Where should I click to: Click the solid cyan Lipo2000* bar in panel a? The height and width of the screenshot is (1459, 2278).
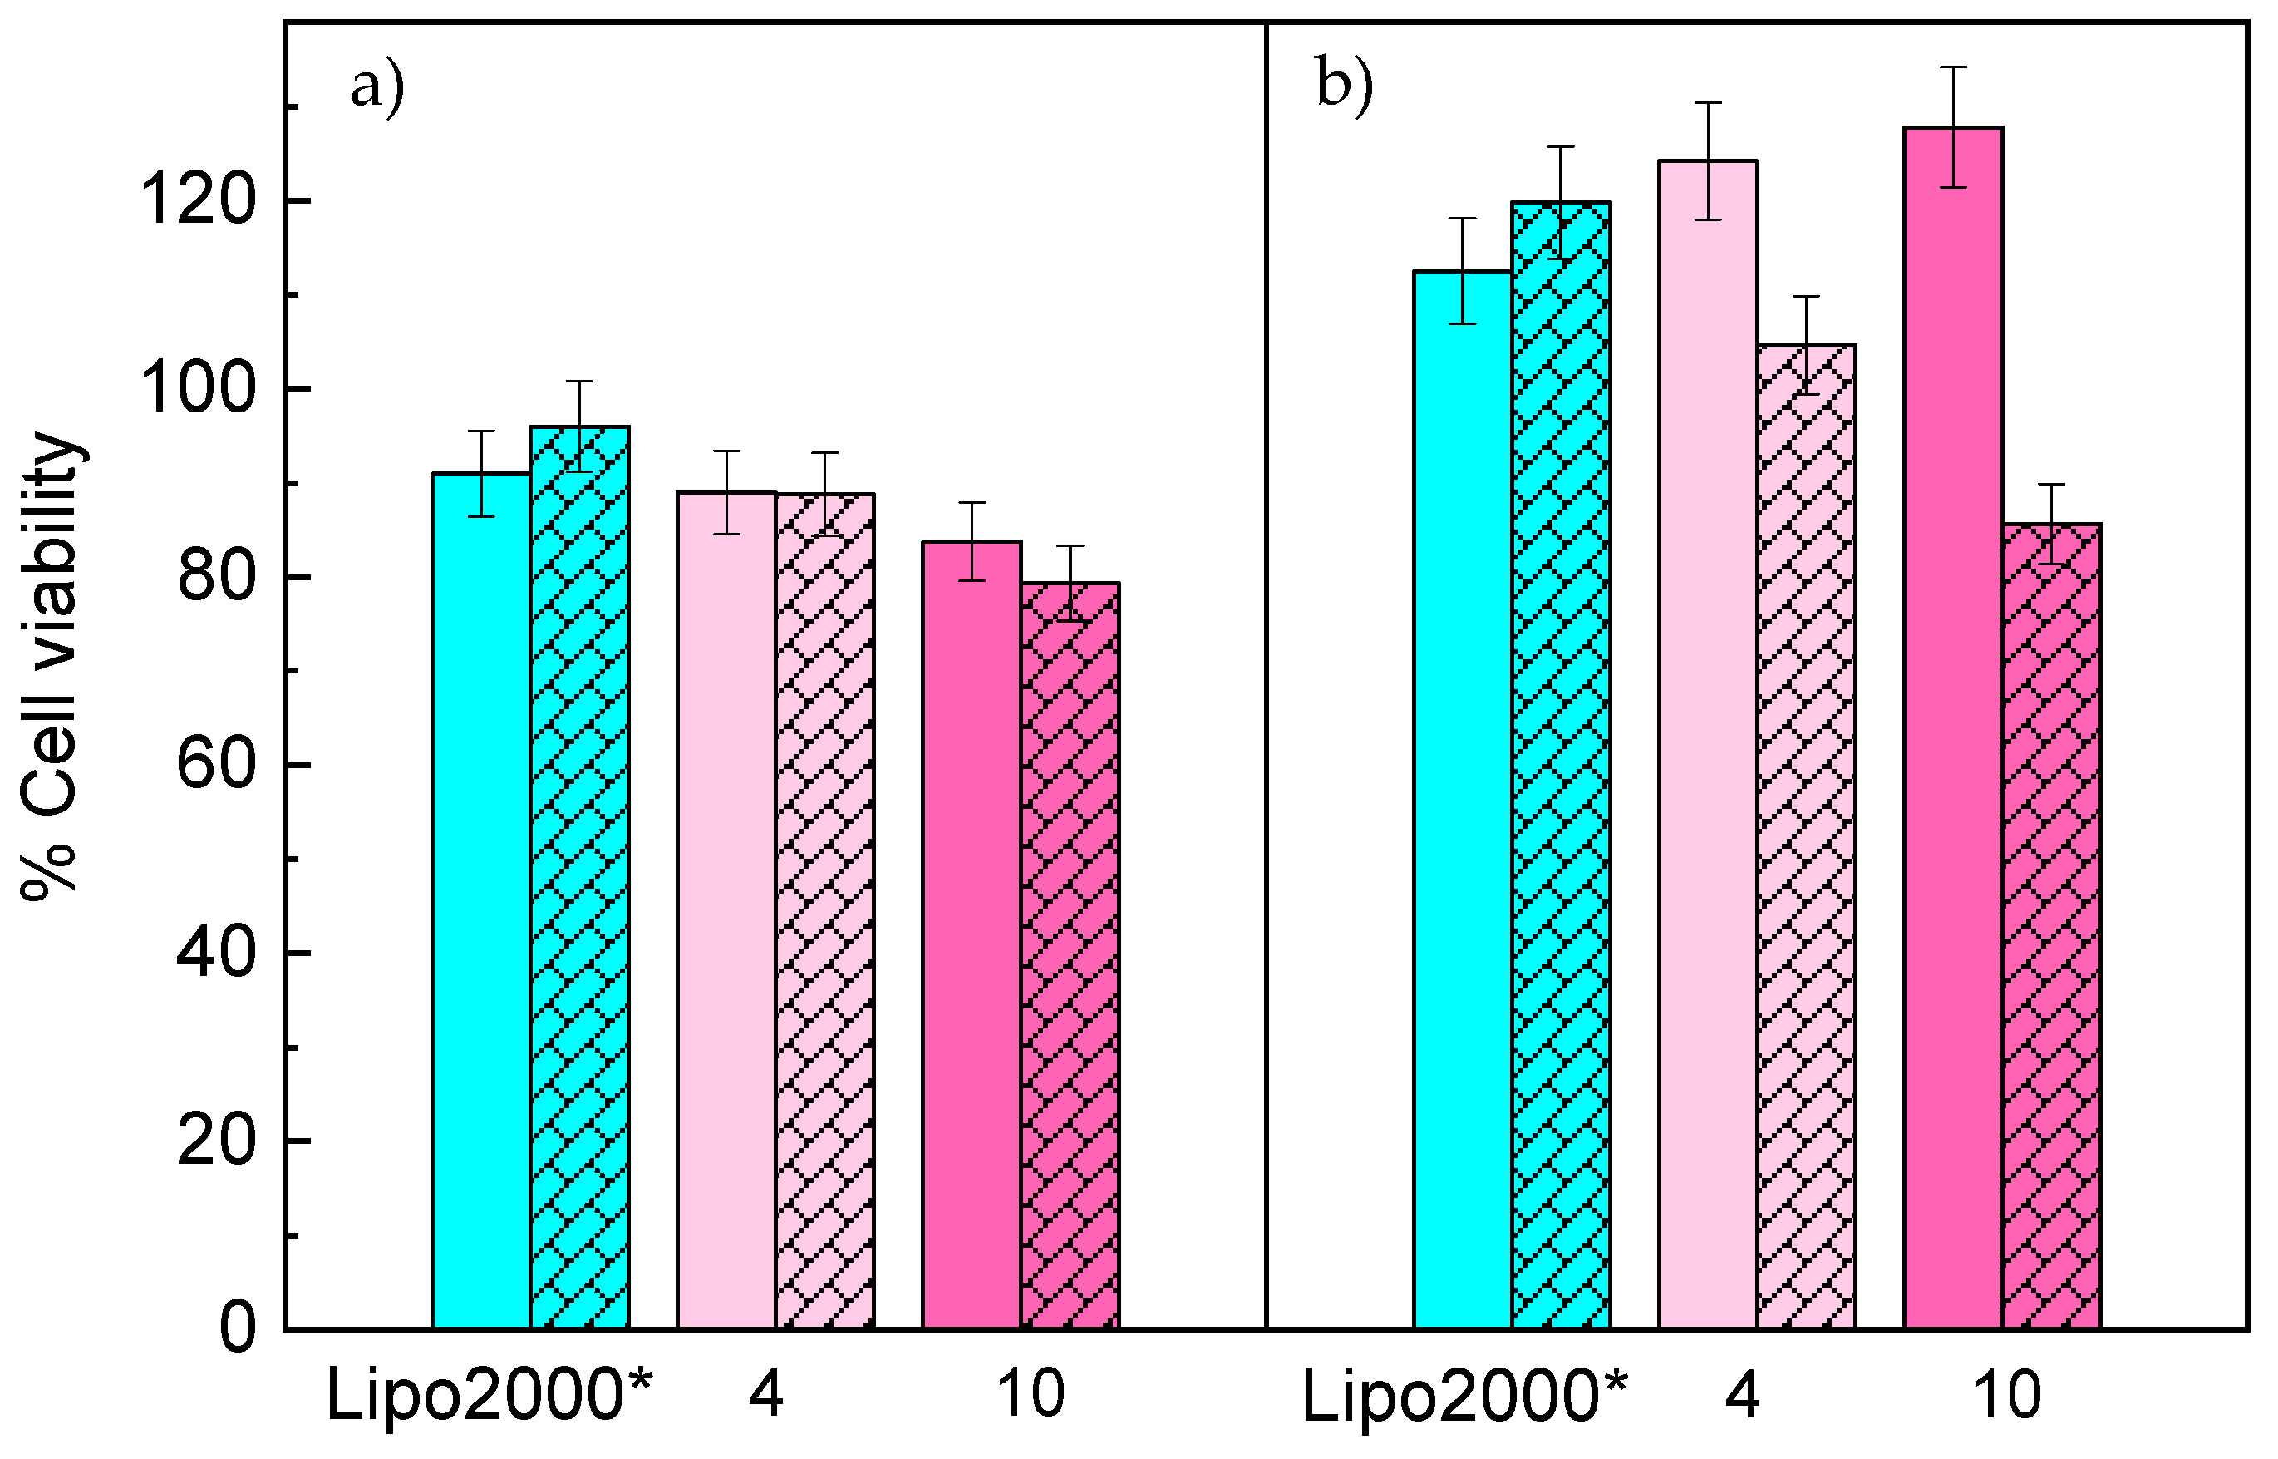tap(481, 900)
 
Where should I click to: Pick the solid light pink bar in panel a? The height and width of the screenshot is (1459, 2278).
tap(726, 909)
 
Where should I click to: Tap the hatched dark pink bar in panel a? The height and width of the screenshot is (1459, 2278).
tap(1070, 957)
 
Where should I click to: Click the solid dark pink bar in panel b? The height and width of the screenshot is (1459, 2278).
tap(1952, 730)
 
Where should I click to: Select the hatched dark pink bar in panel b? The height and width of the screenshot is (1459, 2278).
tap(2050, 929)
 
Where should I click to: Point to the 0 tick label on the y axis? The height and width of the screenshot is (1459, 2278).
tap(237, 1329)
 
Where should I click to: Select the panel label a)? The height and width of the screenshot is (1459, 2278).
tap(377, 88)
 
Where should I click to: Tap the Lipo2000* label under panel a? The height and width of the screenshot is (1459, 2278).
tap(490, 1396)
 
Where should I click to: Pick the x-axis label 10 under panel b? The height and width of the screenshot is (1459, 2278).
tap(2007, 1396)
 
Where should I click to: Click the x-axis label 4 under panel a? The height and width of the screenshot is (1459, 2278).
tap(765, 1396)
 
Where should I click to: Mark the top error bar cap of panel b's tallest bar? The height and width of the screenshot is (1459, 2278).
tap(1953, 67)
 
